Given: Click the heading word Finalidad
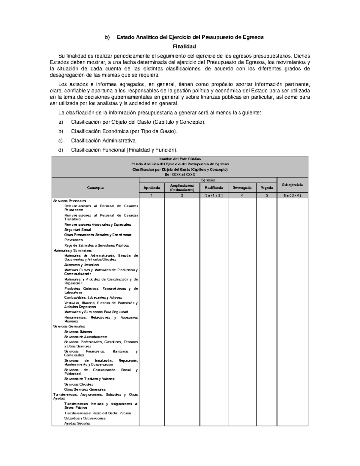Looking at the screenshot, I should click(x=184, y=47).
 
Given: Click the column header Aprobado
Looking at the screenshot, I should click(x=151, y=188).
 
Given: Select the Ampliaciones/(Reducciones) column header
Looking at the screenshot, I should click(x=182, y=188).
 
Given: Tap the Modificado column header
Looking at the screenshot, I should click(x=214, y=188).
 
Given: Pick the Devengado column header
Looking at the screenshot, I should click(x=242, y=188).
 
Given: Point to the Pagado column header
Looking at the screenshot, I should click(x=266, y=188).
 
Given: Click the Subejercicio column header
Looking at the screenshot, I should click(x=292, y=185).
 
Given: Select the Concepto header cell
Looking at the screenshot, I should click(x=95, y=188).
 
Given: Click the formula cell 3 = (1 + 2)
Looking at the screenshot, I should click(x=214, y=195).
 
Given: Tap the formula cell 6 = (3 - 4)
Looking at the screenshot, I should click(x=292, y=195).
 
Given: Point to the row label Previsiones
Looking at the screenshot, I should click(x=73, y=240).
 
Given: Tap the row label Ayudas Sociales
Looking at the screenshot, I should click(x=77, y=423).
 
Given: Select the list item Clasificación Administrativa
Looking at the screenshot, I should click(x=103, y=140).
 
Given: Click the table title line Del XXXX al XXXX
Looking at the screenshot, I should click(x=180, y=175).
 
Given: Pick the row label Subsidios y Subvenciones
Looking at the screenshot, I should click(x=85, y=418).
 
